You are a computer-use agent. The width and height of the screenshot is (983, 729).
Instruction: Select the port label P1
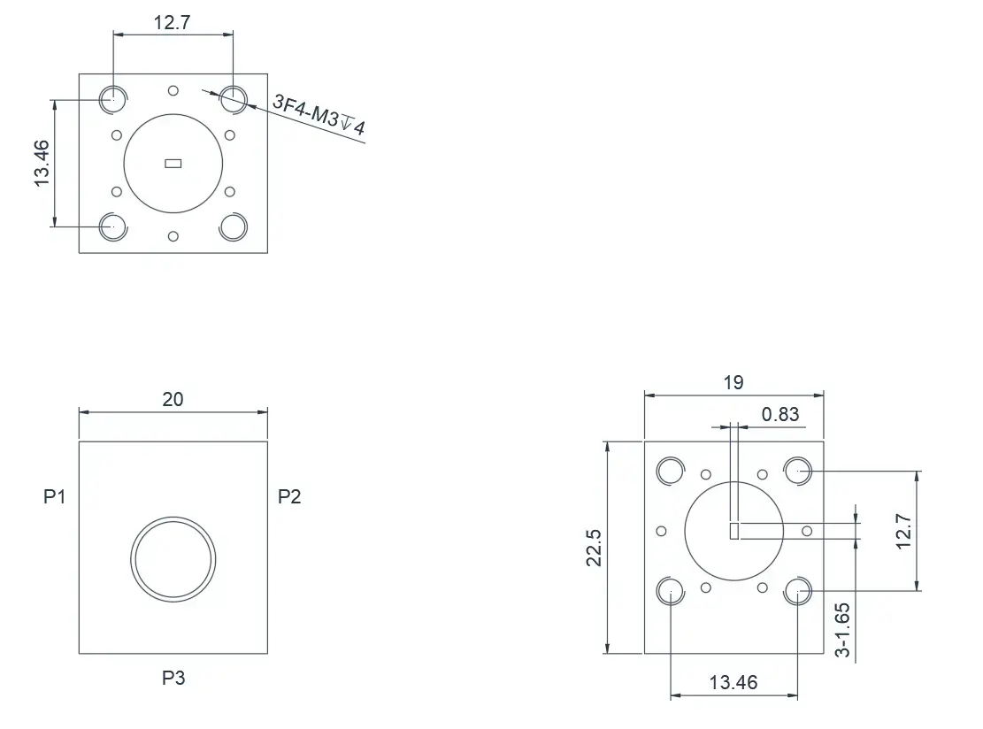click(x=55, y=496)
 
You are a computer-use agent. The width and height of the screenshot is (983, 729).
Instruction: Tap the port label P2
click(x=289, y=496)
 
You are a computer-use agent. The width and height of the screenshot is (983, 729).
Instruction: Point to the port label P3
click(x=173, y=678)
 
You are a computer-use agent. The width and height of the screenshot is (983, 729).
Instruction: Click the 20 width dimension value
click(x=173, y=399)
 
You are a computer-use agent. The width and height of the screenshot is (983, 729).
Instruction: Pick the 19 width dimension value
click(x=733, y=382)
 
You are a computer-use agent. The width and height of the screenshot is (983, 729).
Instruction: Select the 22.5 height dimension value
click(x=594, y=548)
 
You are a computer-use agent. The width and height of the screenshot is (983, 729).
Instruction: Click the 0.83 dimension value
click(x=780, y=414)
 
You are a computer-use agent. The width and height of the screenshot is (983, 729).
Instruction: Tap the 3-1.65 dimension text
click(x=843, y=630)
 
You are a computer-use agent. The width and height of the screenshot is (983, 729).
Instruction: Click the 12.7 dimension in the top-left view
click(x=172, y=23)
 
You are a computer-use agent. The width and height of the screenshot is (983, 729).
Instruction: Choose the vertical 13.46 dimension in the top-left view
click(x=42, y=163)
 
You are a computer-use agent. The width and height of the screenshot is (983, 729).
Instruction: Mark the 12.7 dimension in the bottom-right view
click(x=903, y=532)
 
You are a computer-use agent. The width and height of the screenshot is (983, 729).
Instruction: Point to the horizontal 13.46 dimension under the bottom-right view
click(x=733, y=682)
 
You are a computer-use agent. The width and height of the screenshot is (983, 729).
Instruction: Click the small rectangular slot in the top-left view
click(x=173, y=164)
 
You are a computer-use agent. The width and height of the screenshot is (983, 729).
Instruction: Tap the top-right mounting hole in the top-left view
click(x=234, y=99)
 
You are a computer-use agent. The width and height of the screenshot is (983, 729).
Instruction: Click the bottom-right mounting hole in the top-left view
click(x=234, y=226)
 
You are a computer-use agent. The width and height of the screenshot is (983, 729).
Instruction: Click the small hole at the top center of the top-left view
click(x=173, y=91)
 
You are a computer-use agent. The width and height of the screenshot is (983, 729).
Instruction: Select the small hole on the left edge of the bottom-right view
click(x=662, y=532)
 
